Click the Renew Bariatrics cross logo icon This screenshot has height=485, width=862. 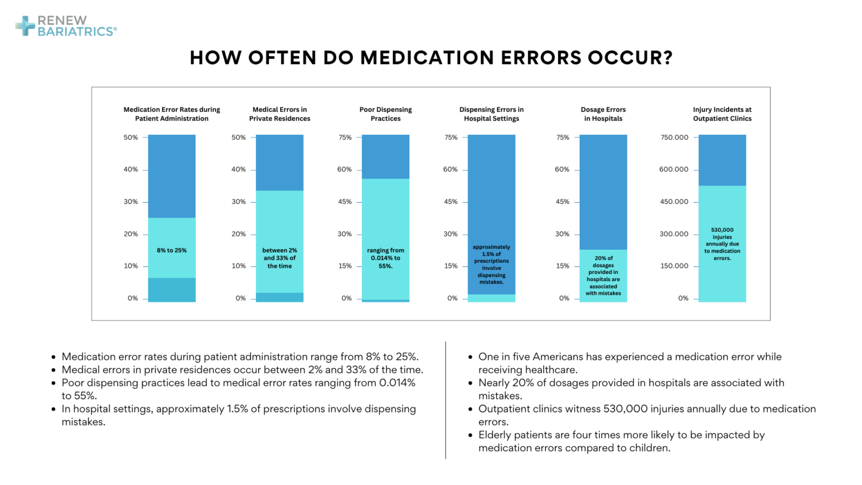[x=25, y=26]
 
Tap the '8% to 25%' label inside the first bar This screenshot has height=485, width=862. [x=172, y=250]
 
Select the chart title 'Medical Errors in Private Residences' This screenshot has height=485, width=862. [x=279, y=114]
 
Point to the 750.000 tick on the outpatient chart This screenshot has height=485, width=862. [x=674, y=138]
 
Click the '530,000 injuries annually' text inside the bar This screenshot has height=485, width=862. [x=722, y=244]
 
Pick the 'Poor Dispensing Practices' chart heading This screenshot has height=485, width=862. [x=386, y=114]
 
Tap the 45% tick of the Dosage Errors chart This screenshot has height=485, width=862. [x=562, y=202]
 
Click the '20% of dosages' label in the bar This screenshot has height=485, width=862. [x=603, y=276]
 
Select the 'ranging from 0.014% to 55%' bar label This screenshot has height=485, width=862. [x=386, y=258]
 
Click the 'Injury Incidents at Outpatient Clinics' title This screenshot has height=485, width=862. [x=722, y=114]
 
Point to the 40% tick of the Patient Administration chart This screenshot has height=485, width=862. [x=131, y=170]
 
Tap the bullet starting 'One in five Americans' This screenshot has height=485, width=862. [x=629, y=363]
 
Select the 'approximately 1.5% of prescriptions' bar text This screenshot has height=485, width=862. [x=492, y=264]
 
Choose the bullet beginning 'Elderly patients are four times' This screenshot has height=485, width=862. [x=621, y=441]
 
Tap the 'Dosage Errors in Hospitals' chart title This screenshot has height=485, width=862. [x=603, y=114]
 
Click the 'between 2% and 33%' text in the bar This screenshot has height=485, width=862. [x=279, y=258]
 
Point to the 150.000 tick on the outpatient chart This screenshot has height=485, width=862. [x=674, y=266]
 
